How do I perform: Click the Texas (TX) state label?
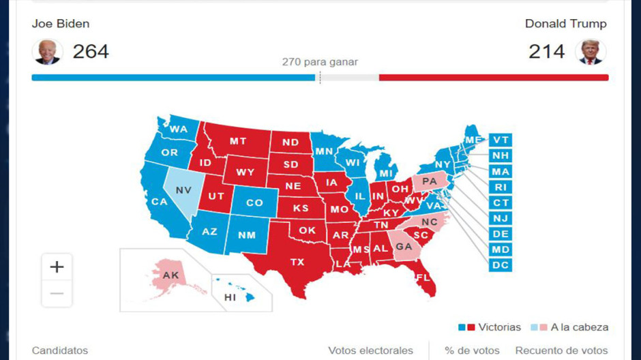pos(297,262)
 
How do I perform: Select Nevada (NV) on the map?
pos(183,190)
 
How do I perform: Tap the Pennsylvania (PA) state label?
pos(430,181)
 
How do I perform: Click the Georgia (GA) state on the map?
pos(404,246)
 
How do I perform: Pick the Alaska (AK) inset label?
pos(170,275)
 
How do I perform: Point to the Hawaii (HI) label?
pos(230,298)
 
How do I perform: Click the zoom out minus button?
pos(57,293)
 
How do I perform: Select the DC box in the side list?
pos(501,265)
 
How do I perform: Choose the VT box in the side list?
pos(501,140)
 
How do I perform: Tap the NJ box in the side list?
pos(501,218)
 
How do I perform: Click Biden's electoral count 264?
pos(91,51)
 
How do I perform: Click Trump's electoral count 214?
pos(547,51)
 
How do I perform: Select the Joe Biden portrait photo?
pos(47,52)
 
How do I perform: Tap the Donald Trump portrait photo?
pos(591,52)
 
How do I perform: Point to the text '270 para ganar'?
pos(320,62)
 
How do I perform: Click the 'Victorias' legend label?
pos(499,327)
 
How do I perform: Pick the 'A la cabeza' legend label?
pos(579,327)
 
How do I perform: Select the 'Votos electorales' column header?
pos(370,350)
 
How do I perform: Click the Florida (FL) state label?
pos(423,277)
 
